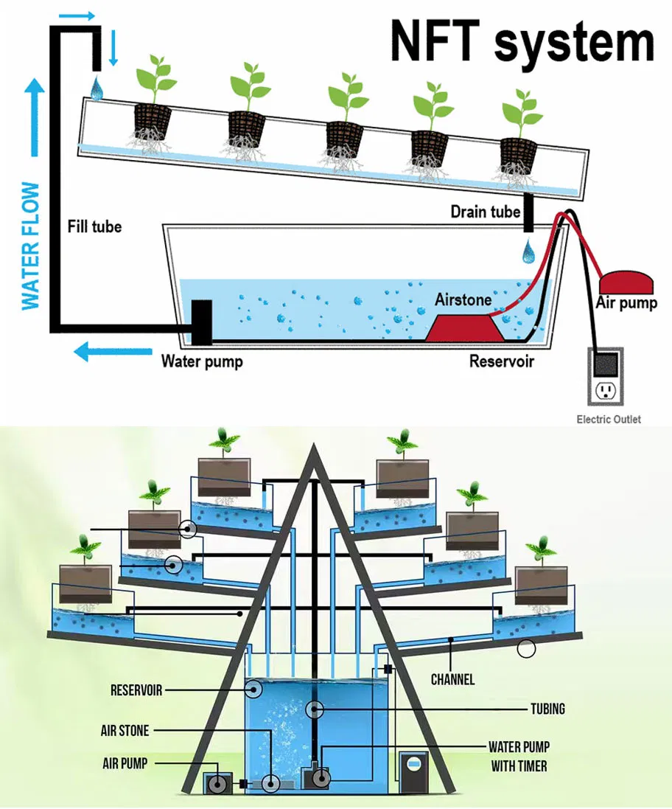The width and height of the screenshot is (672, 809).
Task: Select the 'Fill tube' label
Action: click(94, 226)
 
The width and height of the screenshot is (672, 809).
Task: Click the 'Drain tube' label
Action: click(484, 212)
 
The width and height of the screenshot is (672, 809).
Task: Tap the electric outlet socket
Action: click(605, 390)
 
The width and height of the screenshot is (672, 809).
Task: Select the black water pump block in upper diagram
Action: click(202, 322)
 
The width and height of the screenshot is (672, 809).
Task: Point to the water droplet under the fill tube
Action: click(97, 88)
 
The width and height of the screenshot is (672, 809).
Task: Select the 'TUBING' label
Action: click(547, 709)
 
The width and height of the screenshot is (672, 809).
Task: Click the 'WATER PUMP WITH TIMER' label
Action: click(519, 757)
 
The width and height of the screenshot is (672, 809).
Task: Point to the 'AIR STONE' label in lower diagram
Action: click(125, 731)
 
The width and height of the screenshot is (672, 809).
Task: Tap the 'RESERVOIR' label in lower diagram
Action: click(136, 691)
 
